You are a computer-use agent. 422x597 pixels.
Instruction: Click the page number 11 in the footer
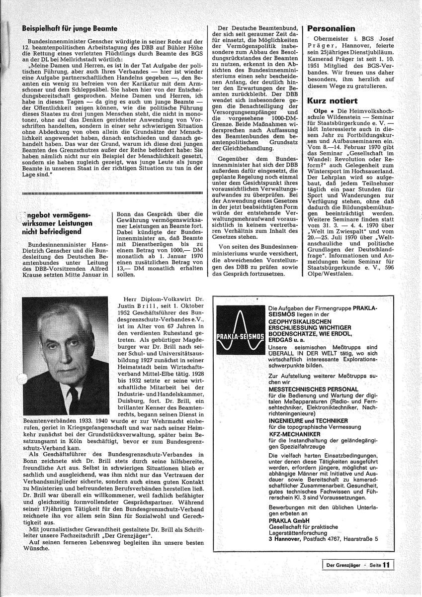click(386, 565)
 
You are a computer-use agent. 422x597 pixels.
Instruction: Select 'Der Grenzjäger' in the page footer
click(342, 565)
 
